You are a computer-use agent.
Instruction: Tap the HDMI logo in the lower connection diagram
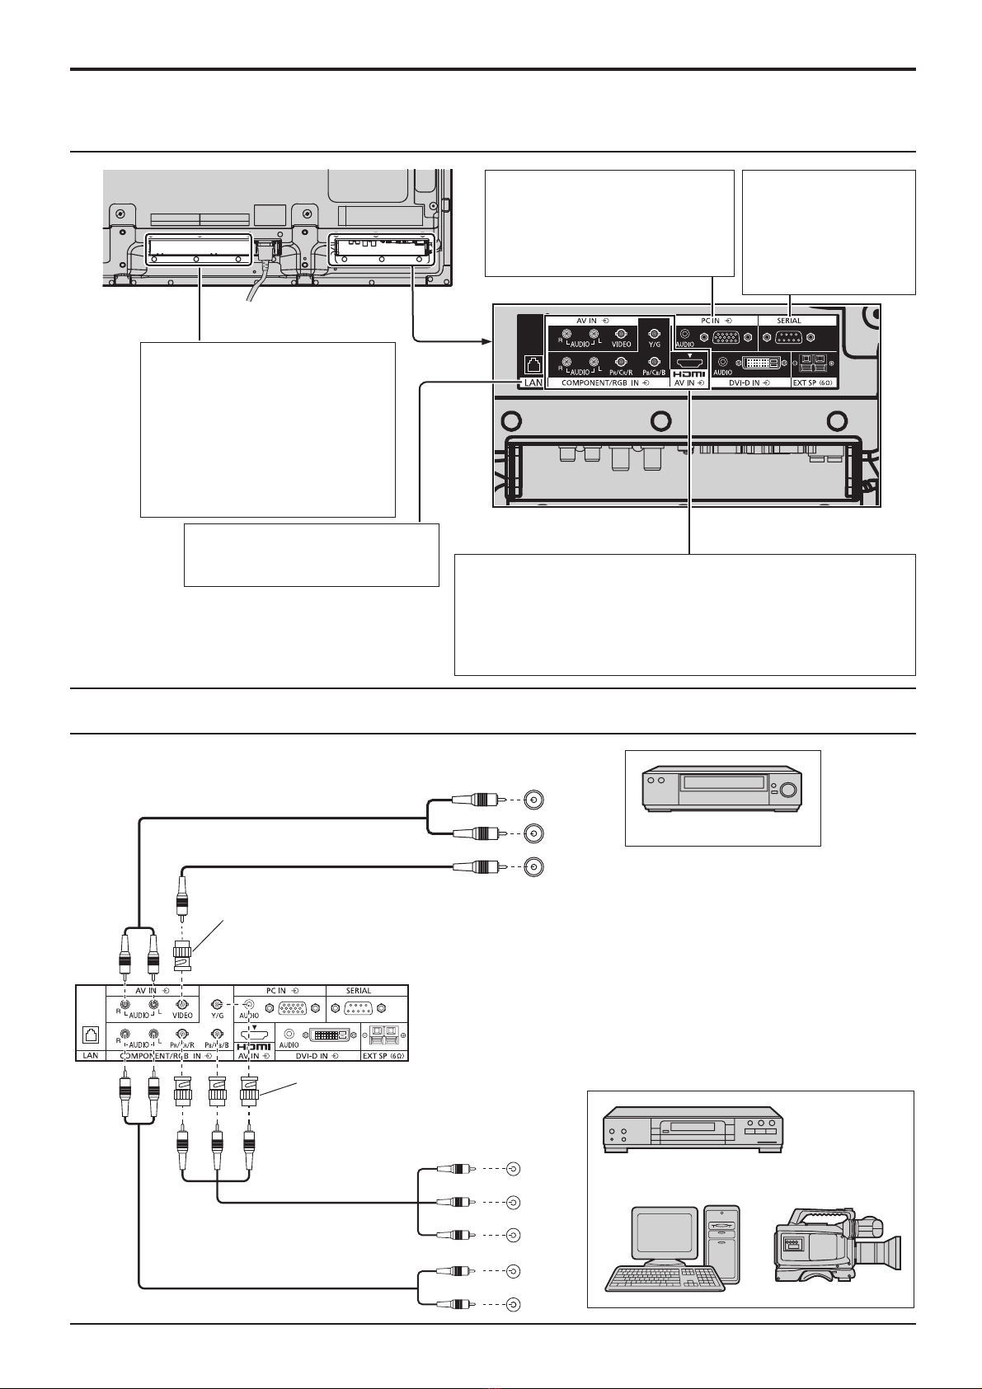point(254,1046)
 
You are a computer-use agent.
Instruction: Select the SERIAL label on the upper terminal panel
point(789,321)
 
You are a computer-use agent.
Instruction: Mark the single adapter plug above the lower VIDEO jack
point(182,956)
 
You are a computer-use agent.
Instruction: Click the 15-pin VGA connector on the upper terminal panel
point(726,337)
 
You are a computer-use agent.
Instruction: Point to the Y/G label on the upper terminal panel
point(655,344)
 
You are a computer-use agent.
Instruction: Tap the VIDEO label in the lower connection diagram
point(182,1016)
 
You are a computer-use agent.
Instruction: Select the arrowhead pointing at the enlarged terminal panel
point(485,340)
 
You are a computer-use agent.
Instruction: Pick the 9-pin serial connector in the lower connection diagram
point(357,1007)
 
